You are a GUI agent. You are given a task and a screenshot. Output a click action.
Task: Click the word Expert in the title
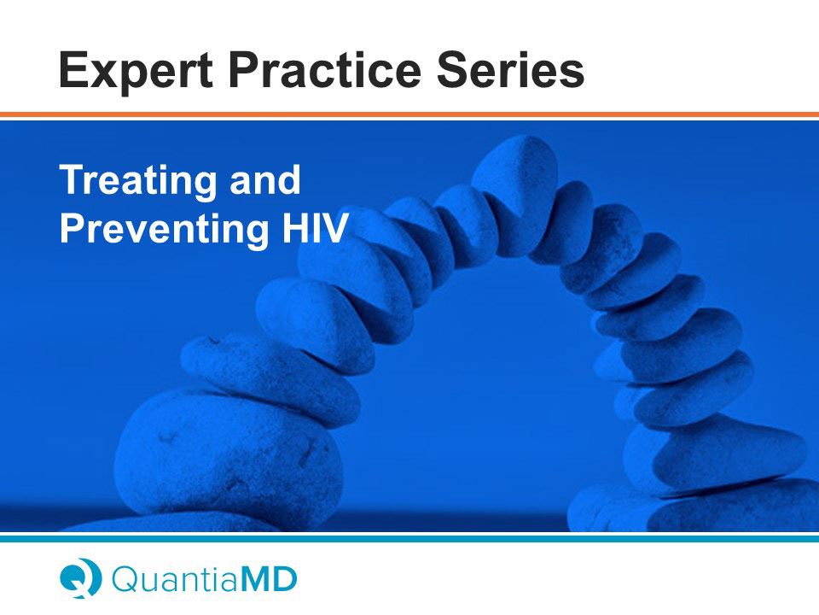click(x=136, y=72)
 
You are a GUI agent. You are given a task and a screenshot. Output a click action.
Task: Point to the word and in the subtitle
click(x=265, y=179)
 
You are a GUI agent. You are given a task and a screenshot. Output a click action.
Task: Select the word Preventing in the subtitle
click(x=164, y=230)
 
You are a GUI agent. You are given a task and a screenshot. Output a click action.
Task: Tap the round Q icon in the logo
click(x=80, y=578)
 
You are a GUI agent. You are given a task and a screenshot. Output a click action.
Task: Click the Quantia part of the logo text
click(x=174, y=579)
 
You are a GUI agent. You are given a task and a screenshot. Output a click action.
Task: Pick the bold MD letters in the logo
click(x=267, y=579)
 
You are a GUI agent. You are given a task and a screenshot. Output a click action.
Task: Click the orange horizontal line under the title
click(x=409, y=114)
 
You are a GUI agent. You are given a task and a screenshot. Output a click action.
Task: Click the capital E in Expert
click(x=73, y=69)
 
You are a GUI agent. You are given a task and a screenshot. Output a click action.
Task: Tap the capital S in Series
click(x=453, y=69)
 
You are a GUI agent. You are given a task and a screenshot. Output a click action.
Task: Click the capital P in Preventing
click(x=73, y=227)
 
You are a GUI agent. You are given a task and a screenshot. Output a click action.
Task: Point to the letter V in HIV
click(x=334, y=227)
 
